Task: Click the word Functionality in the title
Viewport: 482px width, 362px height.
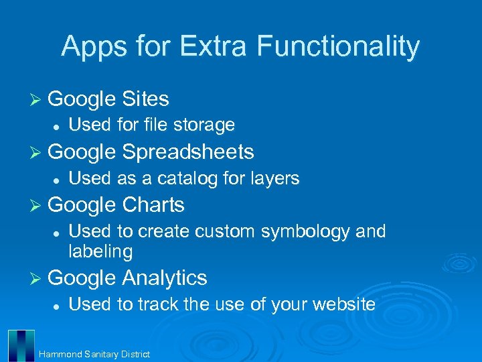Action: (337, 46)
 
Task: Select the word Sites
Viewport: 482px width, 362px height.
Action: (145, 99)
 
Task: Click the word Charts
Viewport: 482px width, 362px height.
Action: (153, 204)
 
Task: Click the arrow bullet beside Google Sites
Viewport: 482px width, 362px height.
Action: (37, 99)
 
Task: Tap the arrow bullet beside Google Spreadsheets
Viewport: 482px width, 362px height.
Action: (37, 152)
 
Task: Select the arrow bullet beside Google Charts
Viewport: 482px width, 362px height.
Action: (37, 204)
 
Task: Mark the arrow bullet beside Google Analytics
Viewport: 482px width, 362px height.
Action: (37, 278)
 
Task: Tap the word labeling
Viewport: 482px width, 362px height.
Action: (100, 251)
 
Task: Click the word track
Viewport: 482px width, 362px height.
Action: (158, 304)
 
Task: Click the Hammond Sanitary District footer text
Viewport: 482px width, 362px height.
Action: (94, 354)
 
